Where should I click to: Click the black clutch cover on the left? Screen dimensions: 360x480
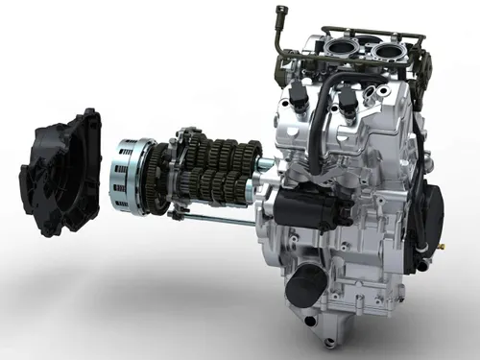tap(60, 173)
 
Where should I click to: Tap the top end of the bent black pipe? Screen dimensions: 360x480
tap(280, 12)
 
